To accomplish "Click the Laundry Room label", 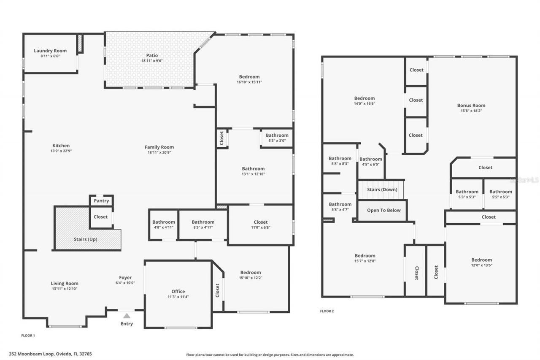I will click(50, 51).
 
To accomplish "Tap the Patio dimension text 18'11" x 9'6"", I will click(152, 61).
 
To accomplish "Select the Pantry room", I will click(101, 201).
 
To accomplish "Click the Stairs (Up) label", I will click(85, 239).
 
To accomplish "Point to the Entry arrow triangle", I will click(127, 315).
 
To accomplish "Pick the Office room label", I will click(178, 292).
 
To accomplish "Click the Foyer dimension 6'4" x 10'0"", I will click(125, 283).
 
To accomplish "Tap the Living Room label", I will click(65, 284).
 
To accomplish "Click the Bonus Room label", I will click(471, 106).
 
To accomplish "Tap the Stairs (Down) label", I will click(382, 189).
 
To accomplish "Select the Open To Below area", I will click(383, 210).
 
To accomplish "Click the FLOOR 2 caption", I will click(327, 311).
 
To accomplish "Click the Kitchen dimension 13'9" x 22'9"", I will click(61, 151).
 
